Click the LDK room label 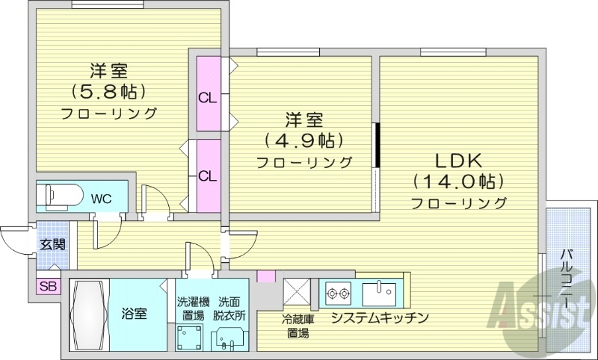(457, 161)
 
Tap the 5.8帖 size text (108, 92)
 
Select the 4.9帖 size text (304, 140)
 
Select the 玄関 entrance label (52, 243)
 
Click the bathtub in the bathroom (89, 314)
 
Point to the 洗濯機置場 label (193, 308)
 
